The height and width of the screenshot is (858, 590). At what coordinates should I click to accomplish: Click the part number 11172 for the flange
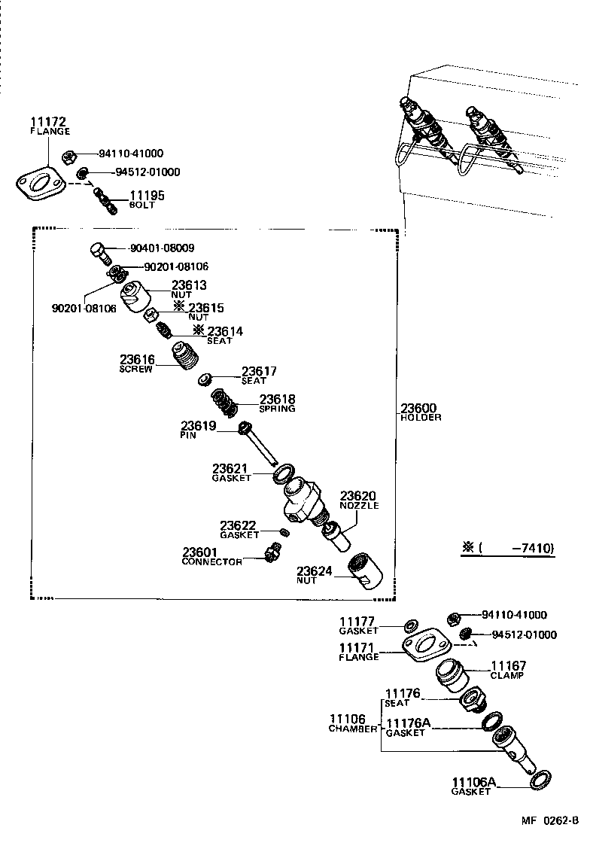click(49, 121)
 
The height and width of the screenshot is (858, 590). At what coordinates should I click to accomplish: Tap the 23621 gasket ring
click(283, 474)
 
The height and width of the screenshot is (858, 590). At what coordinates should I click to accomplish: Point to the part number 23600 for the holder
click(418, 408)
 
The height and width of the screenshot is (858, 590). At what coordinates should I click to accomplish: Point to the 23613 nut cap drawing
click(135, 295)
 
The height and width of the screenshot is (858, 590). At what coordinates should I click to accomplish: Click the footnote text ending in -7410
click(509, 547)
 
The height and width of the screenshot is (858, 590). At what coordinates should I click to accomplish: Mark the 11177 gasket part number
click(357, 621)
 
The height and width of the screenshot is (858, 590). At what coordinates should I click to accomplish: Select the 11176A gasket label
click(407, 723)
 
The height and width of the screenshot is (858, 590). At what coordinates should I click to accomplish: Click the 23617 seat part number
click(259, 371)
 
